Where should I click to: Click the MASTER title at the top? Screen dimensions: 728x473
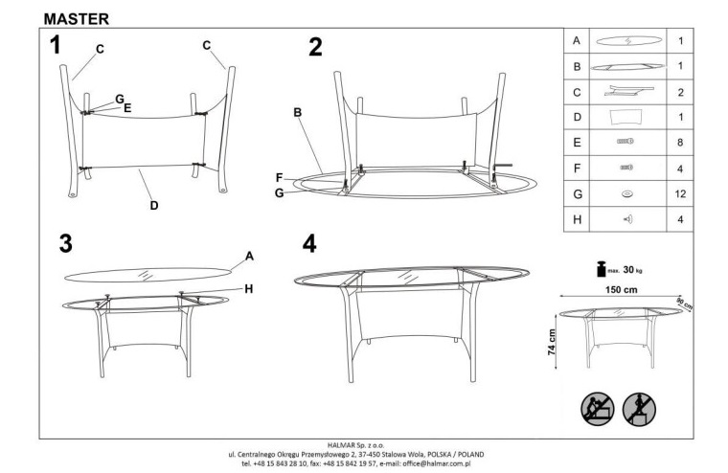(77, 19)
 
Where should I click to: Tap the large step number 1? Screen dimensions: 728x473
(56, 46)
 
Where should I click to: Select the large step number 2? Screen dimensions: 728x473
(315, 47)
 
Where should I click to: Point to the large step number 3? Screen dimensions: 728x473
(66, 243)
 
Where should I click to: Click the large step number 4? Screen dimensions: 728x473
(309, 243)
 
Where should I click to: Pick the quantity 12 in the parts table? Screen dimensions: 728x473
(680, 194)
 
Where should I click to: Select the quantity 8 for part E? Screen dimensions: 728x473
(680, 143)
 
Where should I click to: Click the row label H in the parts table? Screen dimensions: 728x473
(577, 219)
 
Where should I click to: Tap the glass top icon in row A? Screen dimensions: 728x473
(628, 41)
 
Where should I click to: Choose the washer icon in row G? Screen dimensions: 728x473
(627, 194)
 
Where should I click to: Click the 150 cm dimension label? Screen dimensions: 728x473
(622, 290)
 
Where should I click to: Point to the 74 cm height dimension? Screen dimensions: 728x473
(551, 342)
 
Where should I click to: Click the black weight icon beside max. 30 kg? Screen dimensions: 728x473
(602, 269)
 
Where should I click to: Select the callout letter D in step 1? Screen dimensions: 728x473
(154, 206)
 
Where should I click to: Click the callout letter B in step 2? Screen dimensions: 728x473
(298, 112)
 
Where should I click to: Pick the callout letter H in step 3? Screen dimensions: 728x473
(249, 289)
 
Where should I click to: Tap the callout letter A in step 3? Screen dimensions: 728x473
(249, 257)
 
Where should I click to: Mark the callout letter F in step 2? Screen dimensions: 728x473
(279, 178)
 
